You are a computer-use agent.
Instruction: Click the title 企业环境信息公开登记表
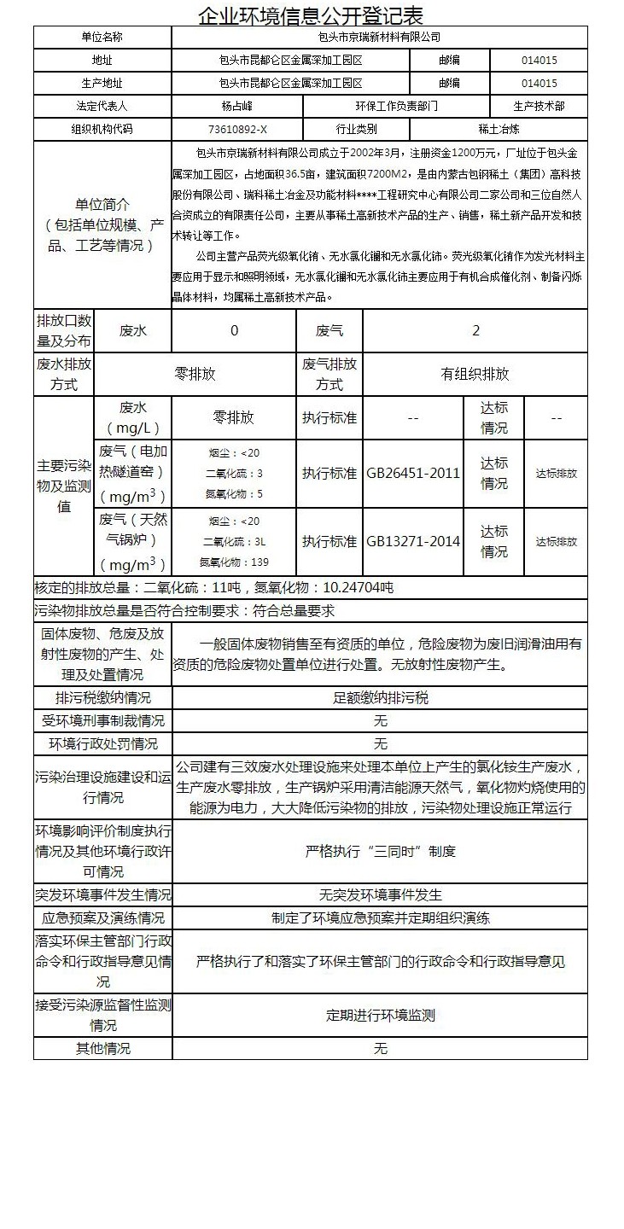point(312,15)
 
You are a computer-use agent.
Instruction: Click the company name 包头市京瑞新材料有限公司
point(379,38)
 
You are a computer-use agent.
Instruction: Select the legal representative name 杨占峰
point(236,107)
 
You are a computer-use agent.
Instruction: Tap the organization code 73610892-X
point(236,130)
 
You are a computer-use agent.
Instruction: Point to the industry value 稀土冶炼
point(499,130)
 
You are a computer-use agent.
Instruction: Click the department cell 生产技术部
point(539,107)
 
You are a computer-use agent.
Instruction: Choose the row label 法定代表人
point(102,107)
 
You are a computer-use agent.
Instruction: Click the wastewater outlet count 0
point(235,330)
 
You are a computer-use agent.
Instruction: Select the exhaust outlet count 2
point(475,330)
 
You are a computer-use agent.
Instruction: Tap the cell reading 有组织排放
point(475,374)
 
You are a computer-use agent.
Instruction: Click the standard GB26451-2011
point(413,473)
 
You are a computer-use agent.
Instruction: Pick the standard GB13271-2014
point(413,541)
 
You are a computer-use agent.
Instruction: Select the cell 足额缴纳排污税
point(380,697)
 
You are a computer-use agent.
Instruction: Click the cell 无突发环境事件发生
point(380,895)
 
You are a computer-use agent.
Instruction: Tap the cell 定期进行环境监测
point(380,1015)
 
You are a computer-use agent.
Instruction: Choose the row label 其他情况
point(103,1048)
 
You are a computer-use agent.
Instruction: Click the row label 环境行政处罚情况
point(103,743)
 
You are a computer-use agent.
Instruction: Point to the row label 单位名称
point(102,38)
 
